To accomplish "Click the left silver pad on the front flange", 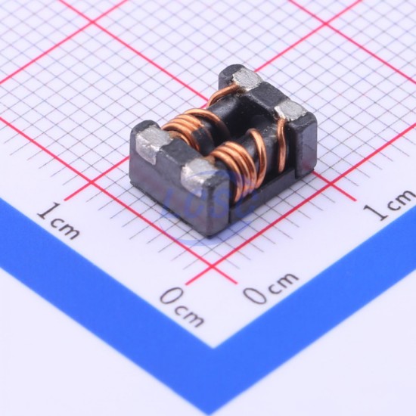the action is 152,143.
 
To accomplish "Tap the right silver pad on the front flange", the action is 200,174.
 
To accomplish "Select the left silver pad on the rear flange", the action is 247,79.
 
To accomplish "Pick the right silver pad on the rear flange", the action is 290,110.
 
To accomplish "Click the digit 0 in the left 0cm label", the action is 172,296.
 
